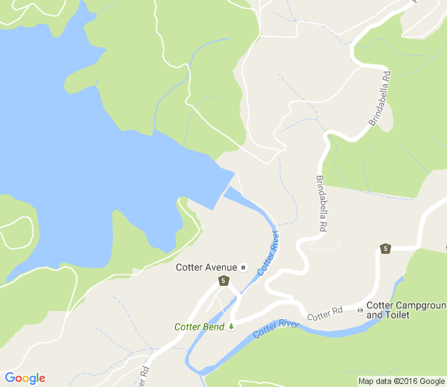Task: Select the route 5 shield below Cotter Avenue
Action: tap(223, 281)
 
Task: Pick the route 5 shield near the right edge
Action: tap(385, 249)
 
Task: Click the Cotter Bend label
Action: tap(199, 327)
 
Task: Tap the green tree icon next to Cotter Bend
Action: tap(232, 327)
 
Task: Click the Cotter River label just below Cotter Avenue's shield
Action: tap(269, 254)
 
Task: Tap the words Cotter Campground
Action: tap(406, 305)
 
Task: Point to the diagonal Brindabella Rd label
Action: tap(378, 97)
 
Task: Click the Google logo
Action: tap(25, 378)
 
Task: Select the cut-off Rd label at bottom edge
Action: tap(144, 372)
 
